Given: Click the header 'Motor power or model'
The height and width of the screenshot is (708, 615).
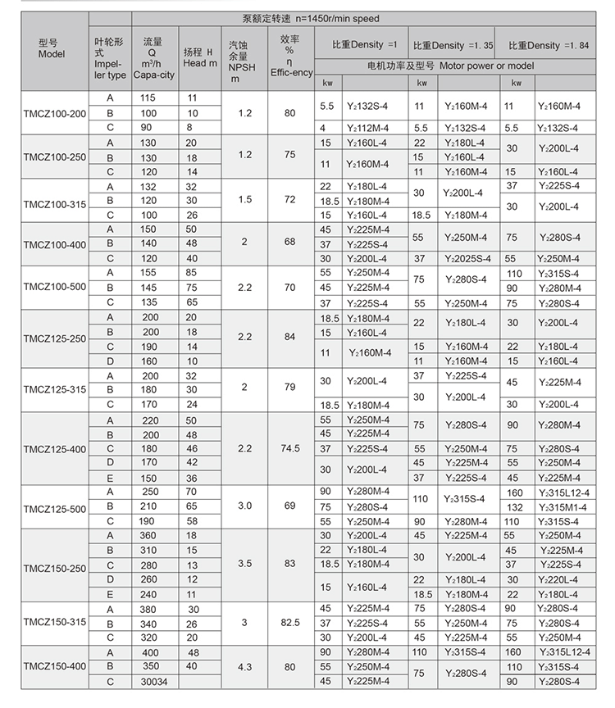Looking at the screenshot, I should pos(462,64).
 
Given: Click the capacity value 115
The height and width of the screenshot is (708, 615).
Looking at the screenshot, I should pos(149,98).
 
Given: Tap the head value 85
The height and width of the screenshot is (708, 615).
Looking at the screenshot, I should pos(193,272).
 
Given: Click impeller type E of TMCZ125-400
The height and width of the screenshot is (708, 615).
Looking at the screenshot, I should pos(109,478).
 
